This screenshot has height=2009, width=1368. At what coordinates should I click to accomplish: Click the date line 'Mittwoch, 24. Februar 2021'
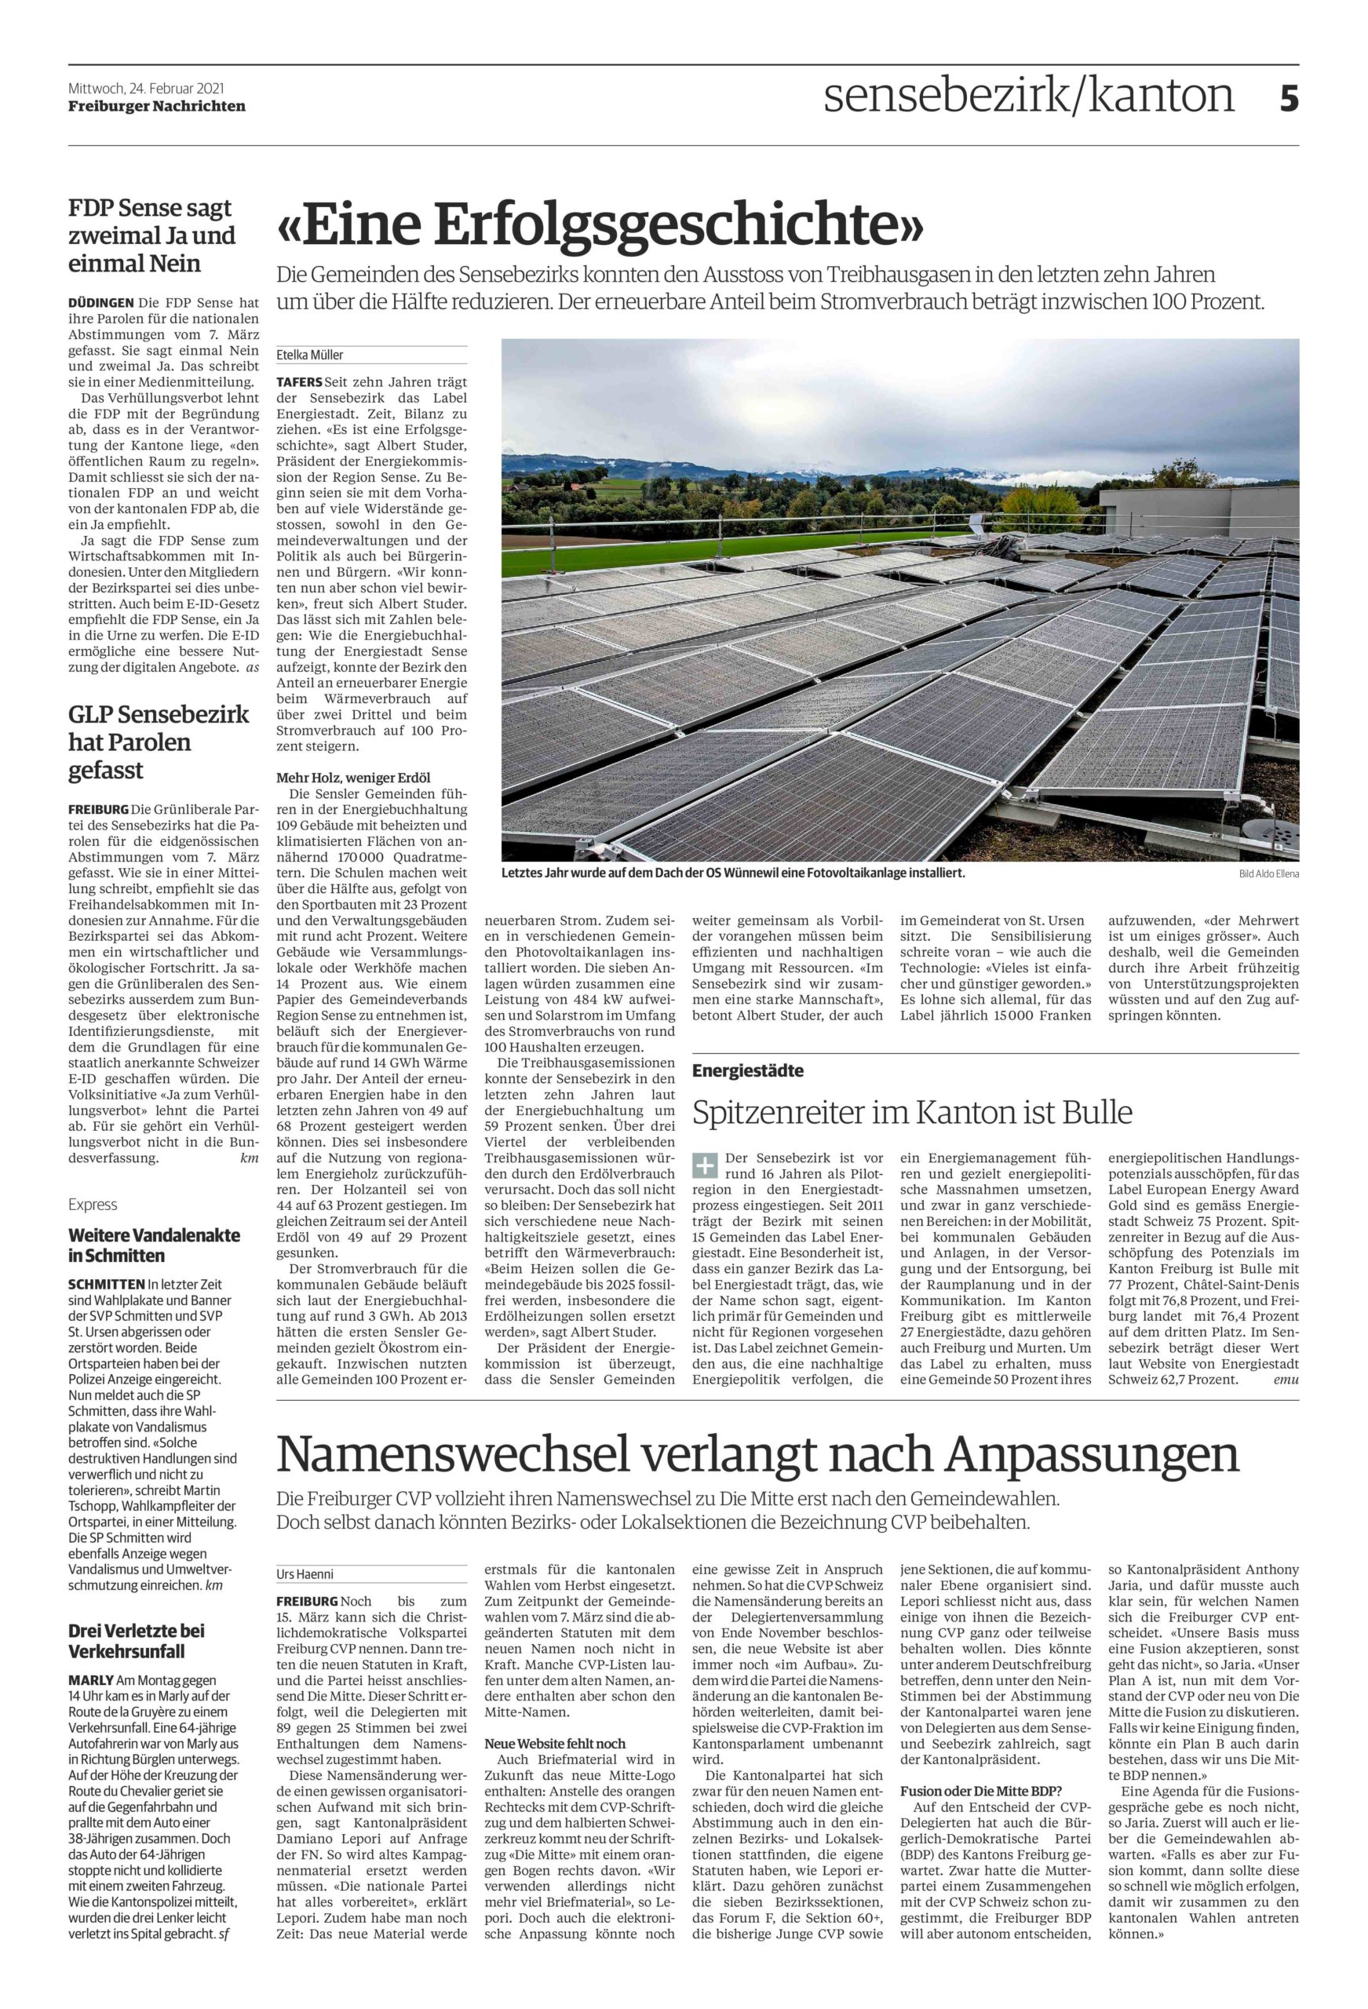147,88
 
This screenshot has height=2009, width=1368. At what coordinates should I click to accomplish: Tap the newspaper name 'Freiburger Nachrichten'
156,106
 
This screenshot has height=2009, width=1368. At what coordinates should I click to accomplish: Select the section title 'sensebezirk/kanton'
1028,95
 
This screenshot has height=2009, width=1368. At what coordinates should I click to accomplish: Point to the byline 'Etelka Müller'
309,355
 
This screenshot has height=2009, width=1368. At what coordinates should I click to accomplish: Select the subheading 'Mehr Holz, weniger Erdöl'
353,777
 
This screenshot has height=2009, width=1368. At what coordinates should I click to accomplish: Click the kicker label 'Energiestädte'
748,1071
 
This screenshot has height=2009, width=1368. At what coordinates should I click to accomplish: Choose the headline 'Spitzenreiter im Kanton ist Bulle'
912,1112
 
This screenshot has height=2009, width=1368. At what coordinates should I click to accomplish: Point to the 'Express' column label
93,1204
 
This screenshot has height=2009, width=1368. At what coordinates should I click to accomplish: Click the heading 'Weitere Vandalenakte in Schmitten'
154,1245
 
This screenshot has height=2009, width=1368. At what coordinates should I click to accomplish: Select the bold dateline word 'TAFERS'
299,381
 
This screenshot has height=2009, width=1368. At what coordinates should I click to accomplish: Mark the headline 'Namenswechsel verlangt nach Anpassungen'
757,1457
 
